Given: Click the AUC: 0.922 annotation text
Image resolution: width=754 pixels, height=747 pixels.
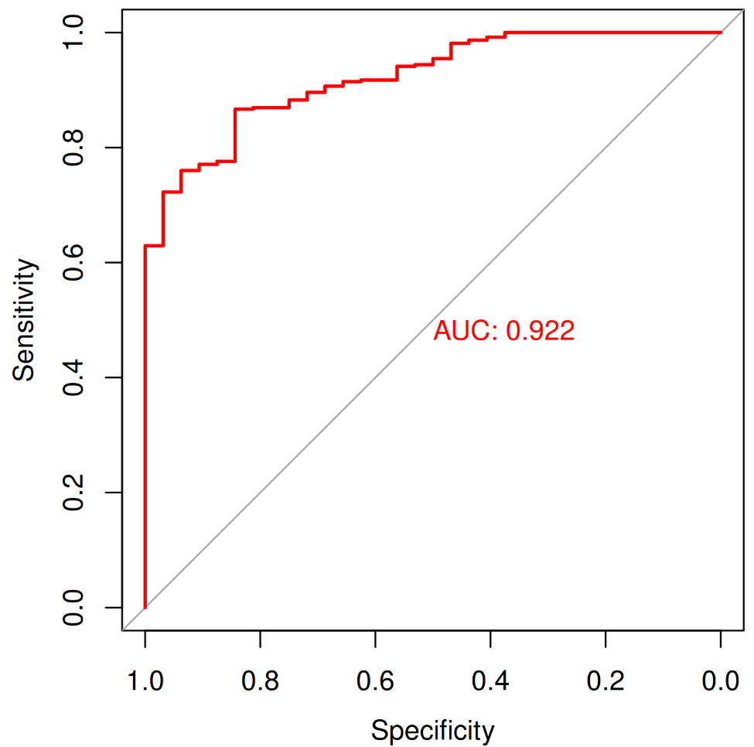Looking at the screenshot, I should [x=503, y=332].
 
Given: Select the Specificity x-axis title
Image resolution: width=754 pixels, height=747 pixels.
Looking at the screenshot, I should [x=432, y=730].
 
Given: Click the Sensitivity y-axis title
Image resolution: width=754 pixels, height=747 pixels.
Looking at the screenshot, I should [x=24, y=320].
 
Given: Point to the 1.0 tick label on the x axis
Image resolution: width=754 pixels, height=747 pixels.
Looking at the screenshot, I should [x=145, y=682].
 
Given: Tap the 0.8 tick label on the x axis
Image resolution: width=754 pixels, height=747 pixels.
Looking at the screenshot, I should [x=260, y=682].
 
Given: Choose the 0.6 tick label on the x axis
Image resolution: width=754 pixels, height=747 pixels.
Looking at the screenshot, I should [x=375, y=682].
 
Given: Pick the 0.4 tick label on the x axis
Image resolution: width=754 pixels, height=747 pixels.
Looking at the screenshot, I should [x=490, y=682].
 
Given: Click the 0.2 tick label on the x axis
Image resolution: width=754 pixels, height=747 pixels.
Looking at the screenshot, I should [x=606, y=682].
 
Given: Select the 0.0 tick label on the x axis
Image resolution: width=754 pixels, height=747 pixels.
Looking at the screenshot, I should [x=721, y=682].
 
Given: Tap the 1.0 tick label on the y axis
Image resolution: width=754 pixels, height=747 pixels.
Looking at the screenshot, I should [x=73, y=32].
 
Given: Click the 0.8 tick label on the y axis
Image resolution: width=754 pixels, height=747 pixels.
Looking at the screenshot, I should [x=73, y=148].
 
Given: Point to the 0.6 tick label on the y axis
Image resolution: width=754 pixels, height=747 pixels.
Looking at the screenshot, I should [x=73, y=263].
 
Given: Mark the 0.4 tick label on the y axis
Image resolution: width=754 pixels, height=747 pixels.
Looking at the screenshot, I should [x=73, y=377].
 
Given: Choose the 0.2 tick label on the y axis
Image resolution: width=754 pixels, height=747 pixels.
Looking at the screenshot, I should [x=73, y=493].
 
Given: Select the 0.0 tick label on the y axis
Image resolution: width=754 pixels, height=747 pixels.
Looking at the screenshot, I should [x=73, y=608].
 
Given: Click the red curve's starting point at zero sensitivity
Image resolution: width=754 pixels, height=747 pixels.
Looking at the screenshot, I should [x=145, y=608].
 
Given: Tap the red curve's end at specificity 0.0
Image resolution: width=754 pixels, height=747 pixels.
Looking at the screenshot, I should [x=721, y=32].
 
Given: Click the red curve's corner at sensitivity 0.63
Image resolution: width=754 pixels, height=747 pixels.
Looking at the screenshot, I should [x=145, y=246].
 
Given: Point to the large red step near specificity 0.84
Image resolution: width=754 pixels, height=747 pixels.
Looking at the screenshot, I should [x=234, y=135].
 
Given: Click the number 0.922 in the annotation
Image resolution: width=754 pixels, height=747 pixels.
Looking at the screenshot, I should [x=540, y=332].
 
